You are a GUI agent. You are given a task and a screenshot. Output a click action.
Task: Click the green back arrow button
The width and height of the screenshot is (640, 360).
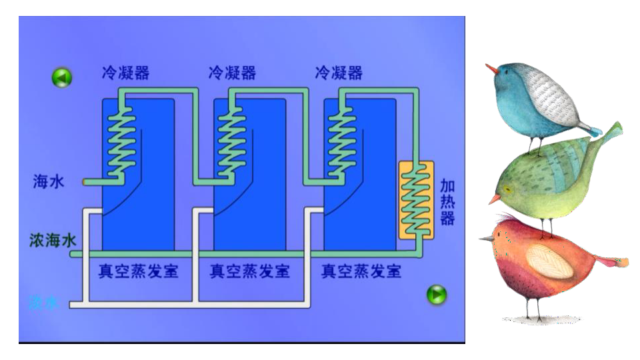(x=61, y=78)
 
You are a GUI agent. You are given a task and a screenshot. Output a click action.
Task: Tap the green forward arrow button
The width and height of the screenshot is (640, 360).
(x=436, y=294)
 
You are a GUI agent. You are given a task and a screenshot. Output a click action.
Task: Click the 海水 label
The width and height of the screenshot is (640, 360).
(x=49, y=181)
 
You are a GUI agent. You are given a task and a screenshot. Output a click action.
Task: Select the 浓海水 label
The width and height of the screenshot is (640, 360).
(x=53, y=240)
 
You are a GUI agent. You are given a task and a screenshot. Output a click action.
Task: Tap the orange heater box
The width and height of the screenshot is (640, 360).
(x=416, y=199)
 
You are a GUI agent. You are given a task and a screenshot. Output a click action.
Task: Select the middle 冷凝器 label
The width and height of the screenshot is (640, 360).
(x=232, y=72)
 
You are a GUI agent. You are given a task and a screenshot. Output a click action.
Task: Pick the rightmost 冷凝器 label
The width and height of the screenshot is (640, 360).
(x=339, y=72)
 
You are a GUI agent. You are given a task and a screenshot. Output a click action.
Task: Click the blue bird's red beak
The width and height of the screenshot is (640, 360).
(x=491, y=68)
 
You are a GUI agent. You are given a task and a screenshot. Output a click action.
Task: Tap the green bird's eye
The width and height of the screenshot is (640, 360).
(x=509, y=189)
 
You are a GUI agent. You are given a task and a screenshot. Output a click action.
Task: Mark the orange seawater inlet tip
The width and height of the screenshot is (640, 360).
(x=85, y=181)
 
